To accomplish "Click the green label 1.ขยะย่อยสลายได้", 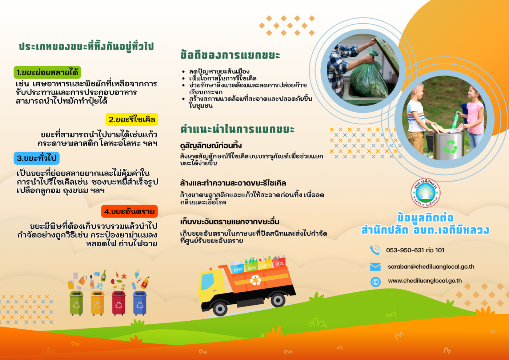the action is (47, 72).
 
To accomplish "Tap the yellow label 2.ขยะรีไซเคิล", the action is (132, 119).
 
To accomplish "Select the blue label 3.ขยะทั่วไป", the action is (37, 158).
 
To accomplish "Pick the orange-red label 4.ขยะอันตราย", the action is (129, 211).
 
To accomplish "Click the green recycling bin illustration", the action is (76, 303).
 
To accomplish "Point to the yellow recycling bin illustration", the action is (97, 303).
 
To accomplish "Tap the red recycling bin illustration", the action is (119, 303).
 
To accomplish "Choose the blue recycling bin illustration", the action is (140, 303).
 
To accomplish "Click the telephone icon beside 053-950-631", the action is (375, 250).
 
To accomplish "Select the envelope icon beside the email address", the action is (375, 267).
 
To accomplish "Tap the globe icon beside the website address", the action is (375, 282).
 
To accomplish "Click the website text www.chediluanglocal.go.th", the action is (425, 281).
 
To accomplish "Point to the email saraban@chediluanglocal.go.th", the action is (431, 267).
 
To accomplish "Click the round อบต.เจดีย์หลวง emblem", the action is (425, 193).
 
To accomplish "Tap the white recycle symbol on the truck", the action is (255, 280).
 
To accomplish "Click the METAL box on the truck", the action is (279, 263).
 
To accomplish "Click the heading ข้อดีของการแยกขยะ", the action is (230, 55).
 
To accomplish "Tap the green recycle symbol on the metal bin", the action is (450, 147).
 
